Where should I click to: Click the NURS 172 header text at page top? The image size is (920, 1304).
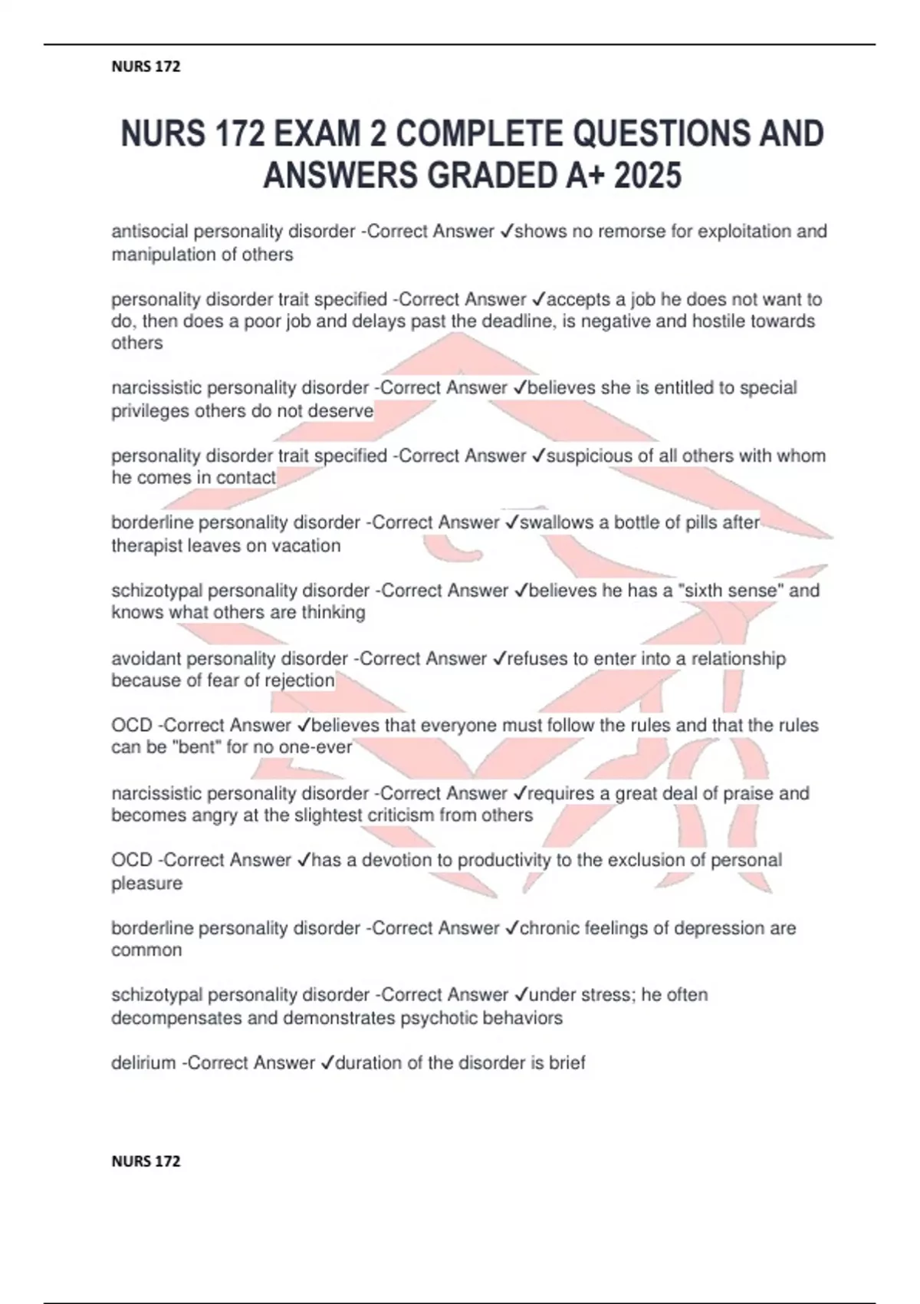[x=146, y=67]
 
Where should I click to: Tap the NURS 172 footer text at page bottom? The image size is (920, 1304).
[x=146, y=1161]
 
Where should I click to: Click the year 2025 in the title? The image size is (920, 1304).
[x=648, y=176]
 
